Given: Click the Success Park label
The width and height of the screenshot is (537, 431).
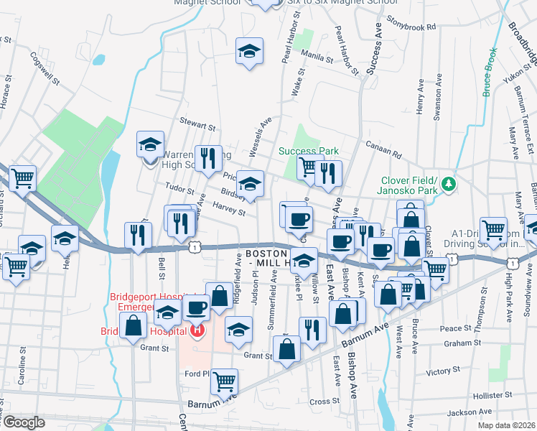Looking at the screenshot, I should (x=308, y=152).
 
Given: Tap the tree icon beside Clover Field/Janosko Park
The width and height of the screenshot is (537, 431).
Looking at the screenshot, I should (x=449, y=185).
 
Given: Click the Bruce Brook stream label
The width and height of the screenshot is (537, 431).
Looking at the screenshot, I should (x=490, y=72).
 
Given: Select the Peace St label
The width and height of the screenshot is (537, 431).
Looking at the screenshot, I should (x=455, y=328).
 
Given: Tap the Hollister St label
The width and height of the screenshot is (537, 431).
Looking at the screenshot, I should (x=494, y=395).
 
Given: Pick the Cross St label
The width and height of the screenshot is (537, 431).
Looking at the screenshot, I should (x=324, y=402).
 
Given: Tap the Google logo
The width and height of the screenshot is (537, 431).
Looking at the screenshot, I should (x=24, y=422).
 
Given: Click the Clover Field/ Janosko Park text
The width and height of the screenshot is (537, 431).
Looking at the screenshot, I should (x=406, y=185).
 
